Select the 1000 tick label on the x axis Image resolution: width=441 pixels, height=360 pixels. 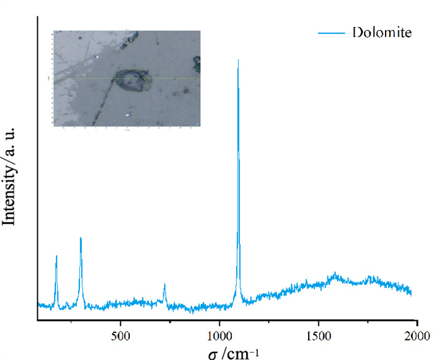coord(219,335)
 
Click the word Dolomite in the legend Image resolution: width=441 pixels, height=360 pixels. coord(382,32)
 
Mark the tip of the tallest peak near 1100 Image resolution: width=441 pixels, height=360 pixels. coord(238,60)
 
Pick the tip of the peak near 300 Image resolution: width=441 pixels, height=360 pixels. coord(81,238)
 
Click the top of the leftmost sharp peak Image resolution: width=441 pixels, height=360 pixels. coord(57,256)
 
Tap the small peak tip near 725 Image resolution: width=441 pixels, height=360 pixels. coord(164,284)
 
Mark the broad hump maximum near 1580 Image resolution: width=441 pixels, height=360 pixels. coord(335,274)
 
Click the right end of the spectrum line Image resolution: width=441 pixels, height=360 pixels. coord(411,293)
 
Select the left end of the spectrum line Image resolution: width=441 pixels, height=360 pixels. coord(38,305)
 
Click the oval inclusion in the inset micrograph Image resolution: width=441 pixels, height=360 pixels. coord(132,81)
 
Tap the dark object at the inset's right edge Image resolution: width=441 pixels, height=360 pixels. coord(197,63)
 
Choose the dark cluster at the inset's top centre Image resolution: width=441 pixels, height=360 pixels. coord(133,39)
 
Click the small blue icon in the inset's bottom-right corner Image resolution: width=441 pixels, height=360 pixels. coord(197,123)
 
